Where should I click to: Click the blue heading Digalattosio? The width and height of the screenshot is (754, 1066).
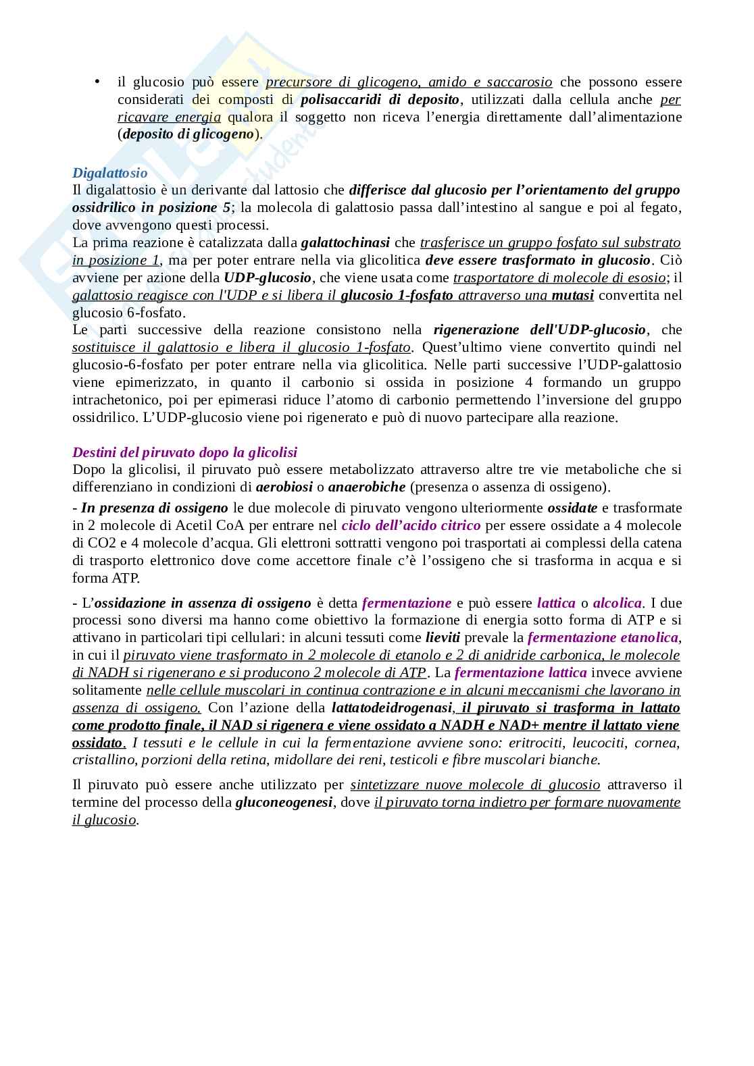click(109, 173)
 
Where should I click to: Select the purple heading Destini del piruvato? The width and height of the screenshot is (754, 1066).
click(184, 452)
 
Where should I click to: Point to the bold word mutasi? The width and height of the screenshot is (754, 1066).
click(572, 294)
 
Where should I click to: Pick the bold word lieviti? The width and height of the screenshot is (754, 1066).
click(443, 637)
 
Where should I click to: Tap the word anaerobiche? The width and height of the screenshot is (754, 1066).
click(367, 487)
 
